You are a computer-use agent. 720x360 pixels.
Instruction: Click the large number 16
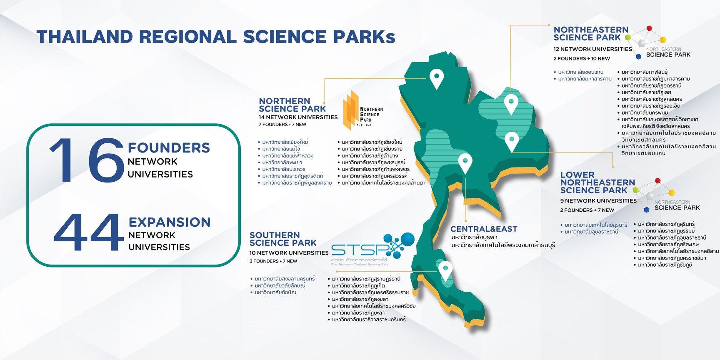click(87, 160)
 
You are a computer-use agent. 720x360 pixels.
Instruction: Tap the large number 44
click(89, 232)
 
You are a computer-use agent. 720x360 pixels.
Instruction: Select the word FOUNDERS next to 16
click(169, 147)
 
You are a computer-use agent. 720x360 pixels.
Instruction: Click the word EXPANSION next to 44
click(170, 222)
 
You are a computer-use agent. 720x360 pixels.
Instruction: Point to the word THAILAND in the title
click(85, 37)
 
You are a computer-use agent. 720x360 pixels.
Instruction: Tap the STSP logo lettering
click(361, 250)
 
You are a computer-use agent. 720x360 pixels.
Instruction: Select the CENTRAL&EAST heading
click(484, 229)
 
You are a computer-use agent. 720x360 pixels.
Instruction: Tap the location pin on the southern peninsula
click(445, 271)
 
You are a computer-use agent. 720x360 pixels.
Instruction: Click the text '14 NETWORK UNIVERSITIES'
click(298, 117)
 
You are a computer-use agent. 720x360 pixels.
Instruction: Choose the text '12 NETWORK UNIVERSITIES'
click(592, 49)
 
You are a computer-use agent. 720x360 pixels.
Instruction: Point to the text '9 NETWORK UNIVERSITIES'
click(598, 201)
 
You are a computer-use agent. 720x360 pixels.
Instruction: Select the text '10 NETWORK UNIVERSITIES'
click(289, 253)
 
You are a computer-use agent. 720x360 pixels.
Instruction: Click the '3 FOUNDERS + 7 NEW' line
click(273, 261)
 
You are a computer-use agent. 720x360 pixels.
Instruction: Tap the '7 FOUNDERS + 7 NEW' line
click(282, 125)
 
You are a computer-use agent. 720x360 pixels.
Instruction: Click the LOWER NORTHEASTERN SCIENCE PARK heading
click(598, 182)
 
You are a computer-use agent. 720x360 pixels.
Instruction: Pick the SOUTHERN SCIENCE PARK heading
click(283, 239)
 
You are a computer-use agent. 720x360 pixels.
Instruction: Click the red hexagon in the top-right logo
click(649, 28)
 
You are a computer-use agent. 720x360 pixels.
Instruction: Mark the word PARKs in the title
click(364, 37)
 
